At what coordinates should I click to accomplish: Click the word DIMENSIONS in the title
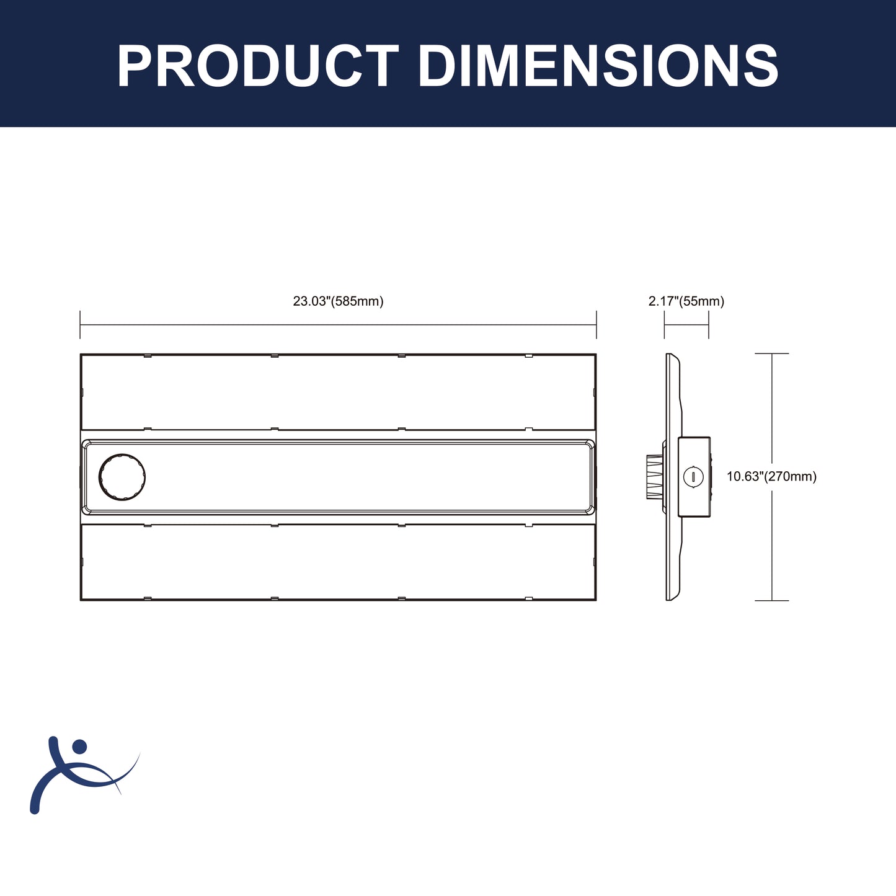coord(598,66)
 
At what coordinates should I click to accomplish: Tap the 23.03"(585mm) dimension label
coord(338,301)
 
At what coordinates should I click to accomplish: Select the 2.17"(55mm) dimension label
coord(686,301)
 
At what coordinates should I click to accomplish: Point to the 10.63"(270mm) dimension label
coord(771,476)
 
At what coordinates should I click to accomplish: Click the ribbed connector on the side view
coord(654,477)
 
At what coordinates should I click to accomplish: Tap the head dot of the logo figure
coord(79,747)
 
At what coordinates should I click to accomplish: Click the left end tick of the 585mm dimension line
coord(81,324)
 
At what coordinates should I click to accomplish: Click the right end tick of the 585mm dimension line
coord(596,324)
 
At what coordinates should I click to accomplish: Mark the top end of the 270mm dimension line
coord(771,354)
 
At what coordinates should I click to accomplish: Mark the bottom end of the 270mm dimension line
coord(771,600)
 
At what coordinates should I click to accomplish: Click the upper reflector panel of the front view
coord(338,392)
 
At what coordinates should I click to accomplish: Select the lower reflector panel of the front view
coord(338,562)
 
